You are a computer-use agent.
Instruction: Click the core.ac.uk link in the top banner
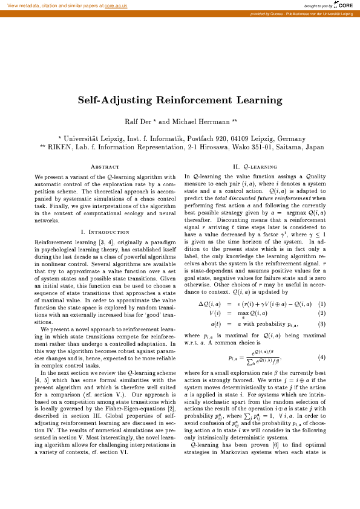[x=115, y=5]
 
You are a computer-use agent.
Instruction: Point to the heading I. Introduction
[x=105, y=232]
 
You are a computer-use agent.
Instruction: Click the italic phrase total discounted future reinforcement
[x=261, y=198]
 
